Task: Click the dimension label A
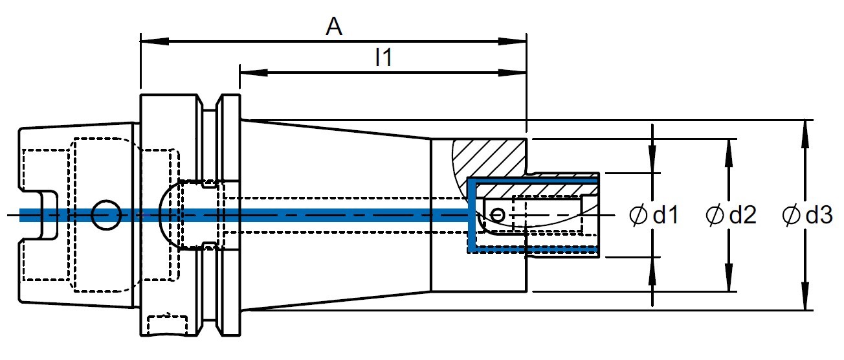point(334,27)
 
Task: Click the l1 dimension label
point(384,57)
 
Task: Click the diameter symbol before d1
point(638,215)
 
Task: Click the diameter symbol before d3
point(791,215)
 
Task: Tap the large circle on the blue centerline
point(107,215)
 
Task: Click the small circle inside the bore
point(497,215)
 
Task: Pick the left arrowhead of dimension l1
point(254,73)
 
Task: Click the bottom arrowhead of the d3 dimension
point(805,297)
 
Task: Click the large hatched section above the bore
point(490,159)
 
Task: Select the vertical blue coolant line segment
point(471,215)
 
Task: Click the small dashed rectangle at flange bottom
point(167,325)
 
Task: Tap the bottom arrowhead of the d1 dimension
point(652,271)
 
